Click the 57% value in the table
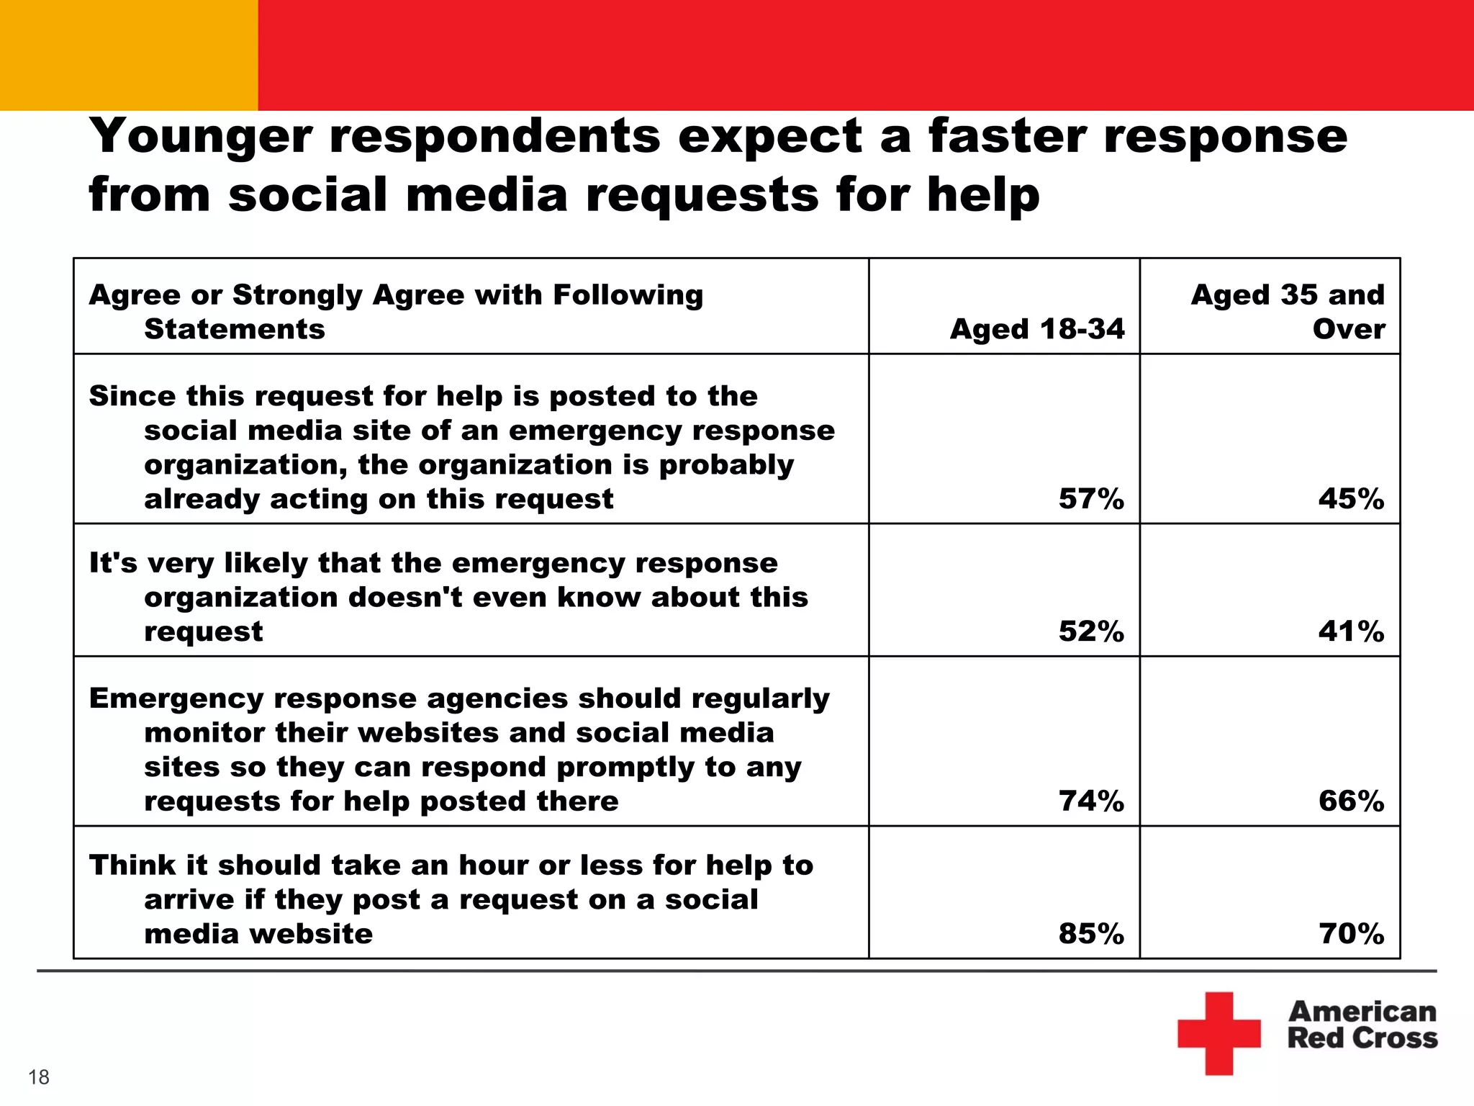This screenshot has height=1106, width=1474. pyautogui.click(x=1090, y=499)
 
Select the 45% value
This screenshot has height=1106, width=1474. pyautogui.click(x=1351, y=499)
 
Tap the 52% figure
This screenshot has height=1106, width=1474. pyautogui.click(x=1090, y=631)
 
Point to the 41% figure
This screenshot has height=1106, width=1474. pyautogui.click(x=1351, y=631)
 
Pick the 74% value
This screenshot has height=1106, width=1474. pyautogui.click(x=1090, y=801)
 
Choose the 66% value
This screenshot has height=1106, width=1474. pyautogui.click(x=1351, y=801)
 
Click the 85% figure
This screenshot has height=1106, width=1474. pyautogui.click(x=1090, y=934)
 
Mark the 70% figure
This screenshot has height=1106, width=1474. pyautogui.click(x=1351, y=934)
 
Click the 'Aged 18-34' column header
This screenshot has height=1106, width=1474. pyautogui.click(x=1037, y=329)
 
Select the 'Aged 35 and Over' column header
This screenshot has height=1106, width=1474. pyautogui.click(x=1288, y=312)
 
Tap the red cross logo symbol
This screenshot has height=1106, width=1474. pyautogui.click(x=1218, y=1033)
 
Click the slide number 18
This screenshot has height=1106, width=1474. pyautogui.click(x=39, y=1077)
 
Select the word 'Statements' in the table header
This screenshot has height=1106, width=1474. pyautogui.click(x=235, y=329)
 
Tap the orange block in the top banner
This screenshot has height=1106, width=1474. pyautogui.click(x=128, y=55)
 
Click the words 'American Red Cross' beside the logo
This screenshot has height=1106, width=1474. pyautogui.click(x=1362, y=1025)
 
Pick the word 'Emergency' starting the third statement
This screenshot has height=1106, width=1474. pyautogui.click(x=171, y=698)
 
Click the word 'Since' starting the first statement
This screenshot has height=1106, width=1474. pyautogui.click(x=132, y=396)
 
